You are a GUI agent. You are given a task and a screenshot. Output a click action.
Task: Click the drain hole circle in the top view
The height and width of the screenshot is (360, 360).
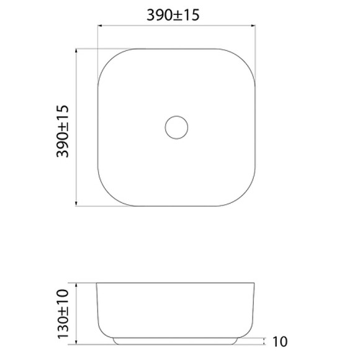point(176,116)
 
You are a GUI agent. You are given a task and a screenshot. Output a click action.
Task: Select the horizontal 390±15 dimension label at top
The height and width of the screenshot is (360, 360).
point(173,15)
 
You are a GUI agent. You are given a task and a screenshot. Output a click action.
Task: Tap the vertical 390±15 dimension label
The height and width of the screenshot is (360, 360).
point(63,131)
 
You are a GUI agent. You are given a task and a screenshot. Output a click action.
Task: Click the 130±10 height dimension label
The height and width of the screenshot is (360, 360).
point(63,314)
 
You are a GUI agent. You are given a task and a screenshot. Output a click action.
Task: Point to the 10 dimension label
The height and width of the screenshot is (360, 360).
point(280,341)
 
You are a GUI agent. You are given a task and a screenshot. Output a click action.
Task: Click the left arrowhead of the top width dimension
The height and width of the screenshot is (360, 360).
point(100,25)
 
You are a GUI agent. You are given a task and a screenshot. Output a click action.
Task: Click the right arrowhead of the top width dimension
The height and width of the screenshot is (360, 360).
point(253,25)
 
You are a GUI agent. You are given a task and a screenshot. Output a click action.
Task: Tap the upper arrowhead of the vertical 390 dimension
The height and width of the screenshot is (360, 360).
point(76,51)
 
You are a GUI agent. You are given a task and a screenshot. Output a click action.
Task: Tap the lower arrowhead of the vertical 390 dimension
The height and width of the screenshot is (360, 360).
point(76,203)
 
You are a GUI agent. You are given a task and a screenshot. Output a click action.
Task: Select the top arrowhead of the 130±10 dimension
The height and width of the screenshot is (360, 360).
point(76,286)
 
